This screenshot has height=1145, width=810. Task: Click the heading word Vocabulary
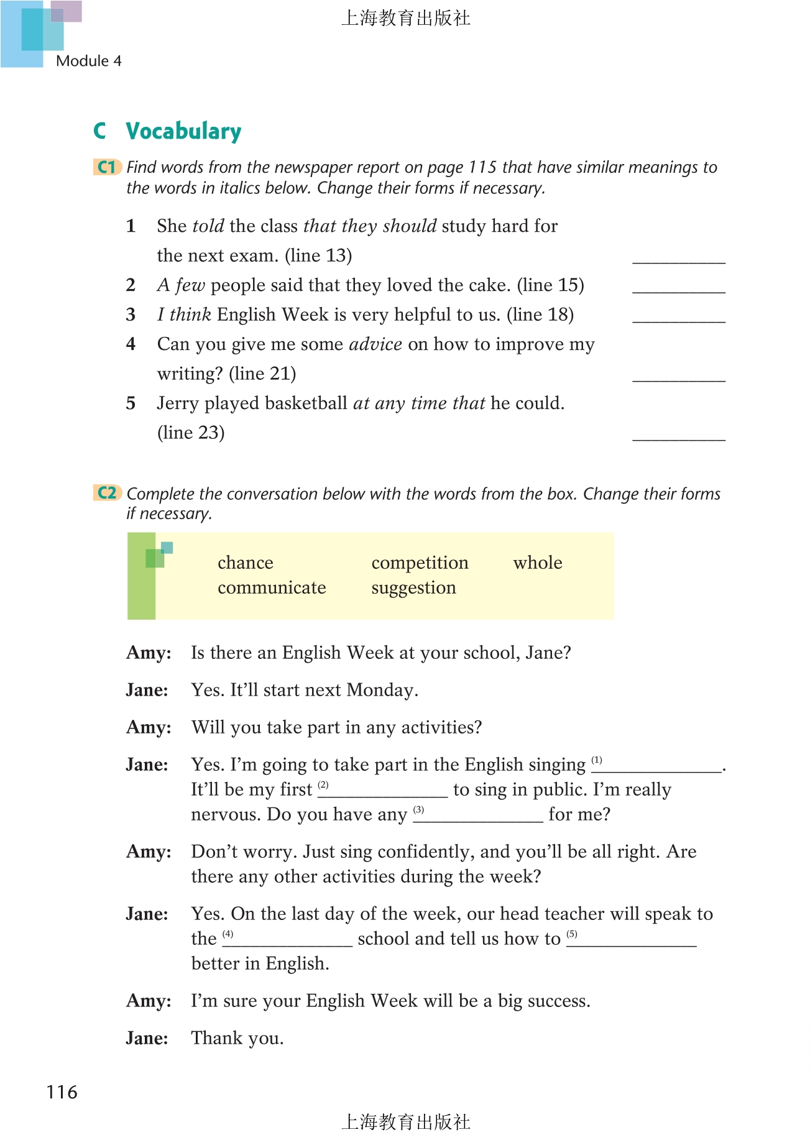tap(183, 132)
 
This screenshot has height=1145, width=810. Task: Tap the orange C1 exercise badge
tap(107, 167)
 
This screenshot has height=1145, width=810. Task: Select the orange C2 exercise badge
tap(107, 493)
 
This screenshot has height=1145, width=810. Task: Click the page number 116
tap(62, 1092)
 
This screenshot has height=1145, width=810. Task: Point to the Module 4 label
tap(88, 61)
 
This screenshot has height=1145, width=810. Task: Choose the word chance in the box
tap(245, 563)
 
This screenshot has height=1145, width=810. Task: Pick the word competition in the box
tap(420, 563)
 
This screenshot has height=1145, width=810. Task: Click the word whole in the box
tap(537, 563)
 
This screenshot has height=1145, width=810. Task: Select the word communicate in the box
tap(272, 587)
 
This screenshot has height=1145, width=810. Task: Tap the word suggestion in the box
tap(413, 587)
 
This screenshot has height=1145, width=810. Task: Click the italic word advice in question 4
tap(375, 344)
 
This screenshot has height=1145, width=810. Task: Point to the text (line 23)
tap(191, 433)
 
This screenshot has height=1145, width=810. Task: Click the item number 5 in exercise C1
tap(131, 403)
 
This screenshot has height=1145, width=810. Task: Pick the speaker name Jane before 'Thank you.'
tap(147, 1038)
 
